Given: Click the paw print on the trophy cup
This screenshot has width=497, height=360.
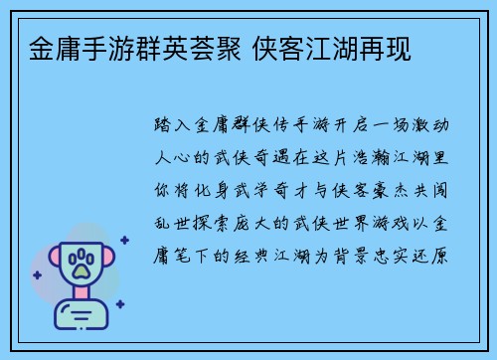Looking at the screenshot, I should (81, 264).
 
